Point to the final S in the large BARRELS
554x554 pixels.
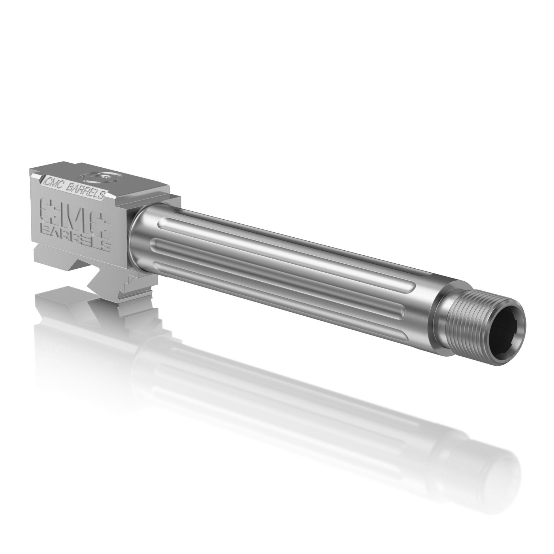105,246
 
